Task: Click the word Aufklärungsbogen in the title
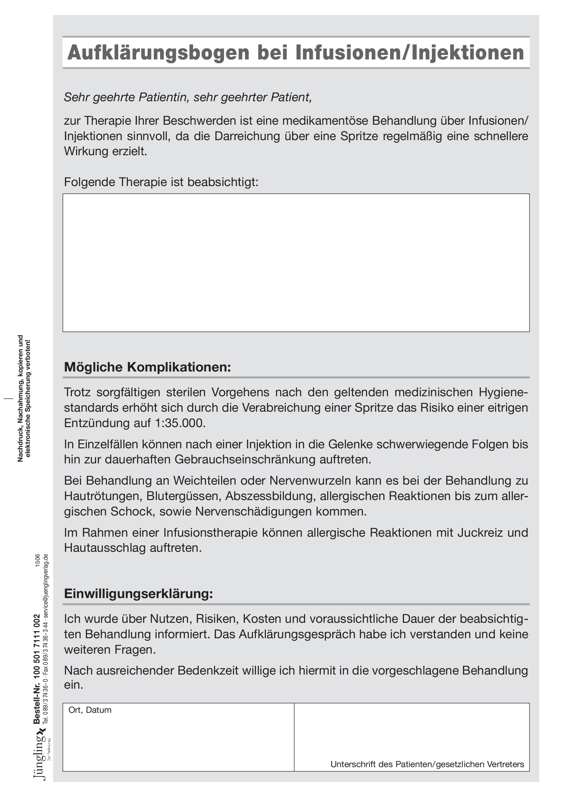coord(158,53)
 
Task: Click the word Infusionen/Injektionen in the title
coord(410,53)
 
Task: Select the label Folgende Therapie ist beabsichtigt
coord(161,182)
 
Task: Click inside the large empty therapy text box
coord(296,263)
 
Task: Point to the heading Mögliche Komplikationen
coord(148,367)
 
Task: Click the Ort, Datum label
coord(90,710)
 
